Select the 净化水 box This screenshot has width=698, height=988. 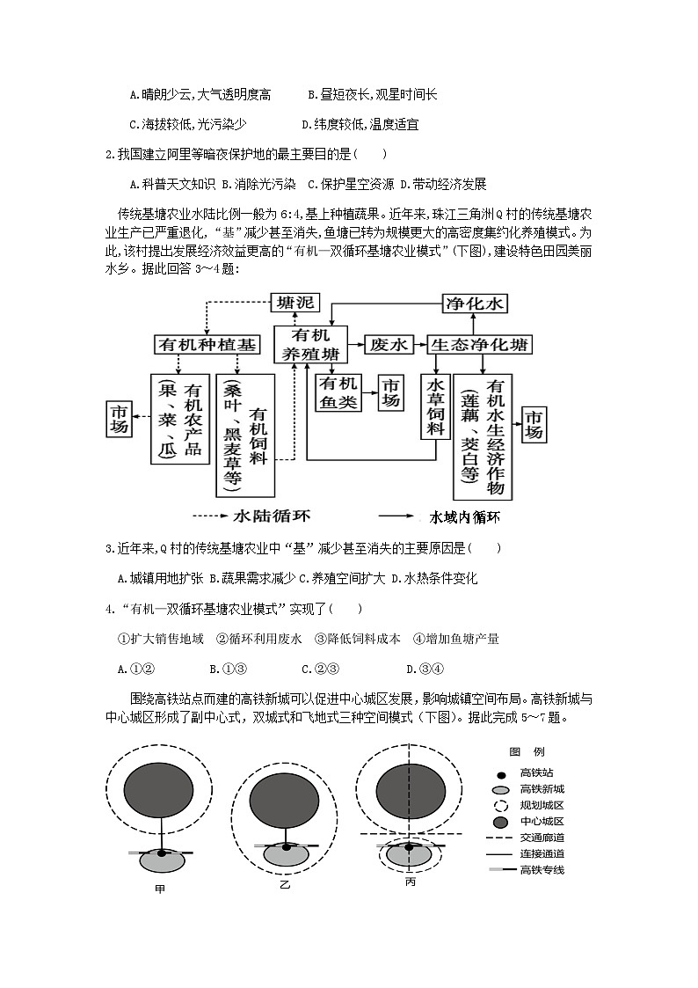475,304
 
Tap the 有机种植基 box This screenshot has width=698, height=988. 207,345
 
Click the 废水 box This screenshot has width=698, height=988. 389,345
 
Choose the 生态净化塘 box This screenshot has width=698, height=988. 480,345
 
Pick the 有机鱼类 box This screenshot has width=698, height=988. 337,393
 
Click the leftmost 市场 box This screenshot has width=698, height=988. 119,419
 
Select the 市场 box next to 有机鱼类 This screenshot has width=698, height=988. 391,393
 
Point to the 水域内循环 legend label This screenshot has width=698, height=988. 470,516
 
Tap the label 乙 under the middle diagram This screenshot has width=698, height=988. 284,883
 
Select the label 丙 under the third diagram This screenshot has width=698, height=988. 411,881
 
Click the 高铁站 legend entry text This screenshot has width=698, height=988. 536,773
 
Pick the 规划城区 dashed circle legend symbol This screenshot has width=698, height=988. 500,806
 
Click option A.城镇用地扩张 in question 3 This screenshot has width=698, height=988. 161,579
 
